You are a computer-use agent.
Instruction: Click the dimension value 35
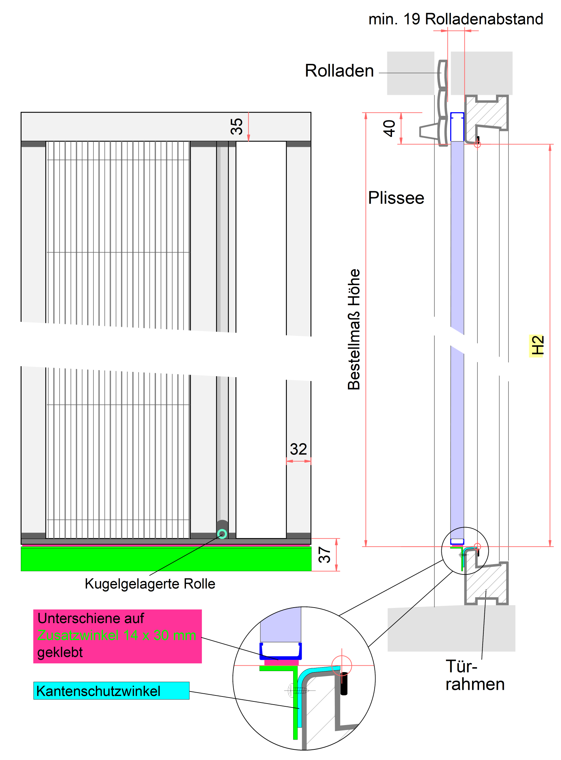[236, 126]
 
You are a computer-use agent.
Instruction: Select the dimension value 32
[298, 449]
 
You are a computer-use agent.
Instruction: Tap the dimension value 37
[325, 554]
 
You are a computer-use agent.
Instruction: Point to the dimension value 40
[389, 128]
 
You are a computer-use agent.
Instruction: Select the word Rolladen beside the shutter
[339, 71]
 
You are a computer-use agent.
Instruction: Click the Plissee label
[396, 198]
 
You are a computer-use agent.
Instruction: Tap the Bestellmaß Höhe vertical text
[354, 329]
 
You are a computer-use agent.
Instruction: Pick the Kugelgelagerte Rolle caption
[150, 584]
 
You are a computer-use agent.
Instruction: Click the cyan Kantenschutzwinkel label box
[111, 690]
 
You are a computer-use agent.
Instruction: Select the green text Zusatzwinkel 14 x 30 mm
[116, 635]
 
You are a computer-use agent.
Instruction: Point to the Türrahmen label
[475, 675]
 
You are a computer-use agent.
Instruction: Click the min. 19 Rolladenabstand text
[456, 19]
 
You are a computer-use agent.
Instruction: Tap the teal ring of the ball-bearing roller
[222, 534]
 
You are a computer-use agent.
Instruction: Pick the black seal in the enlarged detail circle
[344, 684]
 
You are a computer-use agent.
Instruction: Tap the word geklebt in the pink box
[60, 652]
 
